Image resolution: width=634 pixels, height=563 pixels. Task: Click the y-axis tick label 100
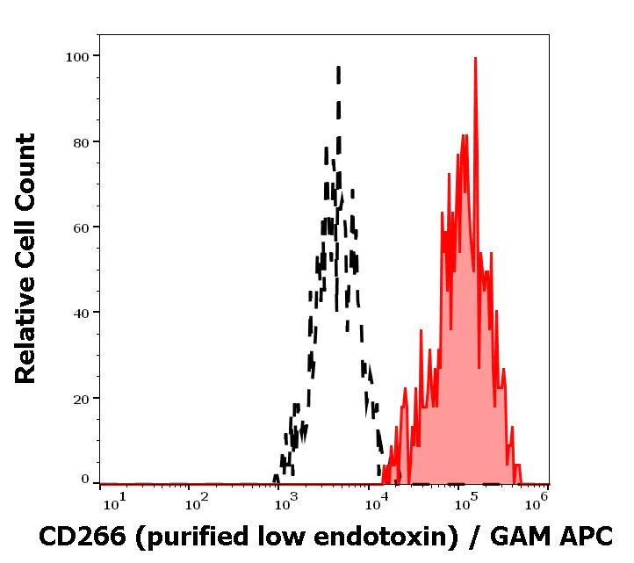click(77, 57)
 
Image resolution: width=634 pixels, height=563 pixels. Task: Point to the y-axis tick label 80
click(81, 142)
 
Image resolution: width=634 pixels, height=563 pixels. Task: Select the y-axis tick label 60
click(81, 227)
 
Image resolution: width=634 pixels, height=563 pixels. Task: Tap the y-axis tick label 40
click(81, 313)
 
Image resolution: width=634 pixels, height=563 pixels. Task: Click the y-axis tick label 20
click(81, 399)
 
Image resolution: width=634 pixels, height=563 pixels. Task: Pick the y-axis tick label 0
click(85, 480)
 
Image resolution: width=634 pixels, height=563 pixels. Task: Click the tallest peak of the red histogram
click(475, 60)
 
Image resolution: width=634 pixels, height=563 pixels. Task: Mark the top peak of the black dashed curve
click(338, 69)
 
